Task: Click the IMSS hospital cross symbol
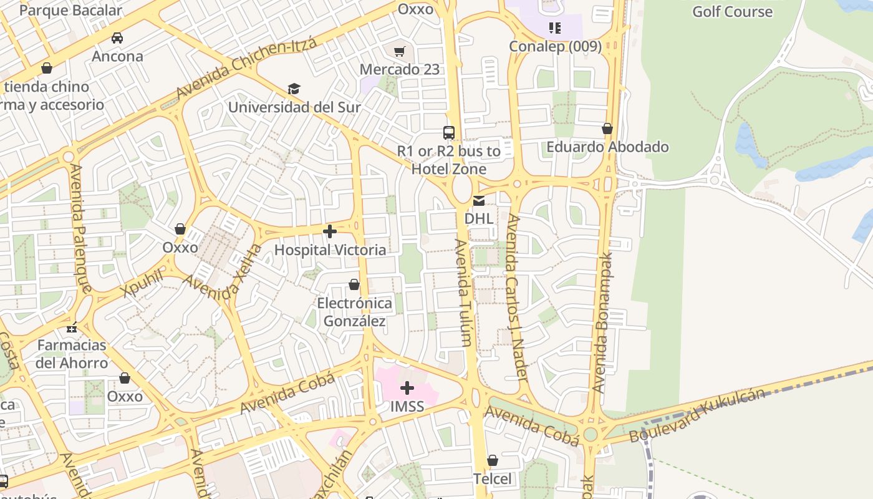pyautogui.click(x=407, y=389)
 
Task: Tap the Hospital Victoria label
pyautogui.click(x=330, y=250)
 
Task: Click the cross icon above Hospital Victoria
pyautogui.click(x=330, y=232)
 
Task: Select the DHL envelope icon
pyautogui.click(x=479, y=201)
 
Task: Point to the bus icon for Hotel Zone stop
pyautogui.click(x=449, y=132)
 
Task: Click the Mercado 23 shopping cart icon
pyautogui.click(x=400, y=51)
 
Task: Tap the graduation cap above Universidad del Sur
pyautogui.click(x=294, y=89)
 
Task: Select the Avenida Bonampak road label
pyautogui.click(x=603, y=321)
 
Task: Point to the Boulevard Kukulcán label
pyautogui.click(x=697, y=415)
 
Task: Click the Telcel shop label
pyautogui.click(x=492, y=479)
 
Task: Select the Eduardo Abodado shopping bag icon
pyautogui.click(x=607, y=129)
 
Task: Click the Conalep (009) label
pyautogui.click(x=555, y=47)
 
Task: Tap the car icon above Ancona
pyautogui.click(x=117, y=38)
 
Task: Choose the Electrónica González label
pyautogui.click(x=354, y=312)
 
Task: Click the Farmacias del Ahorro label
pyautogui.click(x=72, y=354)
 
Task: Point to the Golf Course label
pyautogui.click(x=732, y=11)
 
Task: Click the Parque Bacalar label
pyautogui.click(x=71, y=10)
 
